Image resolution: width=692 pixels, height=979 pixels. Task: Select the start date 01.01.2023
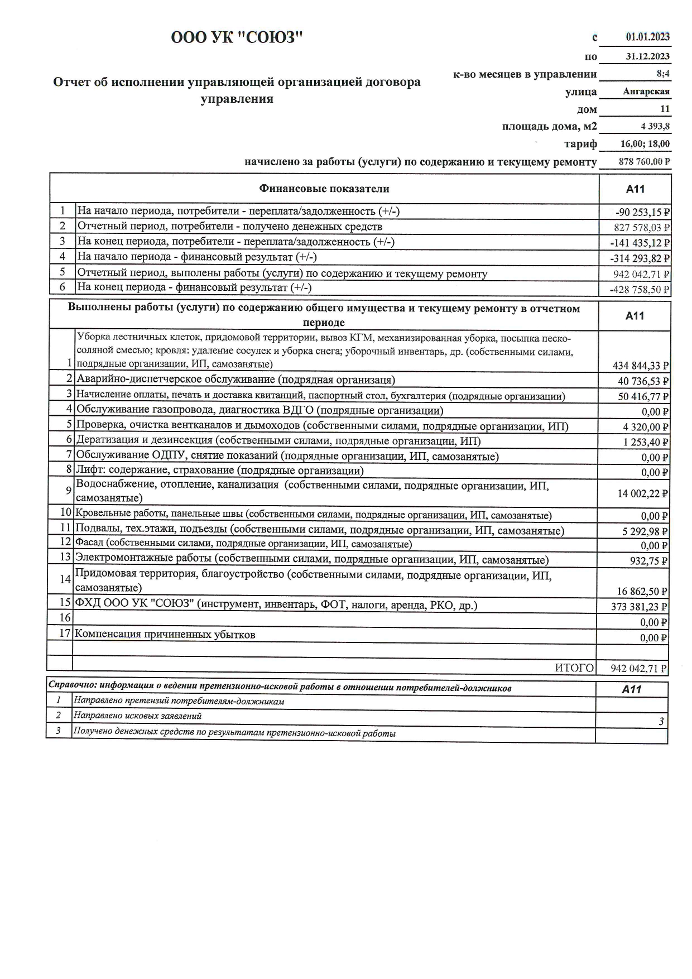[x=647, y=37]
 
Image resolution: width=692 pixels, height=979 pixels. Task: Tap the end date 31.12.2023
[x=647, y=56]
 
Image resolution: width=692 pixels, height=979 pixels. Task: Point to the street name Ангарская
[x=646, y=92]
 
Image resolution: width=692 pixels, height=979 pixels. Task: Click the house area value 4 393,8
[x=655, y=126]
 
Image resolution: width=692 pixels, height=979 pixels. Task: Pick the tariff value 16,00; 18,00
[x=645, y=143]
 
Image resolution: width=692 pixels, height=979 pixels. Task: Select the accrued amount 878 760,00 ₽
[x=644, y=161]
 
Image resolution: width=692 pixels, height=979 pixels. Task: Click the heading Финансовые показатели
[x=324, y=189]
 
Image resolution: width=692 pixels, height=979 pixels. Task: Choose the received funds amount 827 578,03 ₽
[x=641, y=228]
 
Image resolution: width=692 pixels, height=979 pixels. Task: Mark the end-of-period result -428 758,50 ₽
[x=640, y=289]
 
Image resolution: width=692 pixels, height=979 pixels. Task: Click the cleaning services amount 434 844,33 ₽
[x=640, y=366]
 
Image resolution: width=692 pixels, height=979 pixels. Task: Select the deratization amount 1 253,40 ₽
[x=645, y=442]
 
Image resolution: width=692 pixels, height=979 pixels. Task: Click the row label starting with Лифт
[x=220, y=471]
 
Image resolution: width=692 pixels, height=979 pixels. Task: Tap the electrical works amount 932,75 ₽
[x=649, y=561]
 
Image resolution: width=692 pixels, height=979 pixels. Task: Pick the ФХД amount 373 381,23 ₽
[x=640, y=607]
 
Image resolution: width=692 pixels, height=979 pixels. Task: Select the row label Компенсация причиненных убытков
[x=165, y=635]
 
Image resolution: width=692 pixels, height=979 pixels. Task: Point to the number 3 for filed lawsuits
[x=661, y=721]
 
